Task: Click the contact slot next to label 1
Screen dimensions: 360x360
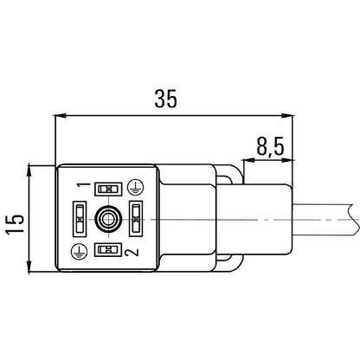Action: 107,189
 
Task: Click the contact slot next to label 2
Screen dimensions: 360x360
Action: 107,250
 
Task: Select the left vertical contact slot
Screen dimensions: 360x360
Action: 78,219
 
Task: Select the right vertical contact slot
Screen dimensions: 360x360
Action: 136,219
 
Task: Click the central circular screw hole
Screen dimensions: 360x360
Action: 107,220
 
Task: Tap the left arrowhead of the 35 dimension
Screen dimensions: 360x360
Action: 60,114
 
